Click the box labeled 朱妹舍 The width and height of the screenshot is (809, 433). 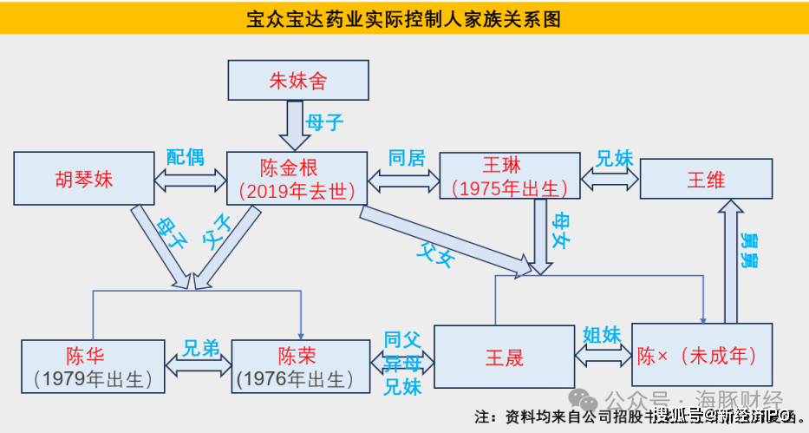[x=297, y=80]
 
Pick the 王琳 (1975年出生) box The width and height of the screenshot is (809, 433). [x=509, y=178]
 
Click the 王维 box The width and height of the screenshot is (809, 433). [x=705, y=180]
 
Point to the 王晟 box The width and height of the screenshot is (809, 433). [x=503, y=357]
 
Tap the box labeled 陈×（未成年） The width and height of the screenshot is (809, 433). [x=701, y=355]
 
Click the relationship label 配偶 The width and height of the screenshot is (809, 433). [x=185, y=157]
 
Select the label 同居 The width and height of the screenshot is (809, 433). [x=406, y=157]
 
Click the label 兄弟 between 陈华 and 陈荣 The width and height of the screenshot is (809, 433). [x=200, y=349]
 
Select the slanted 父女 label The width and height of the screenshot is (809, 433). [x=434, y=253]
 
